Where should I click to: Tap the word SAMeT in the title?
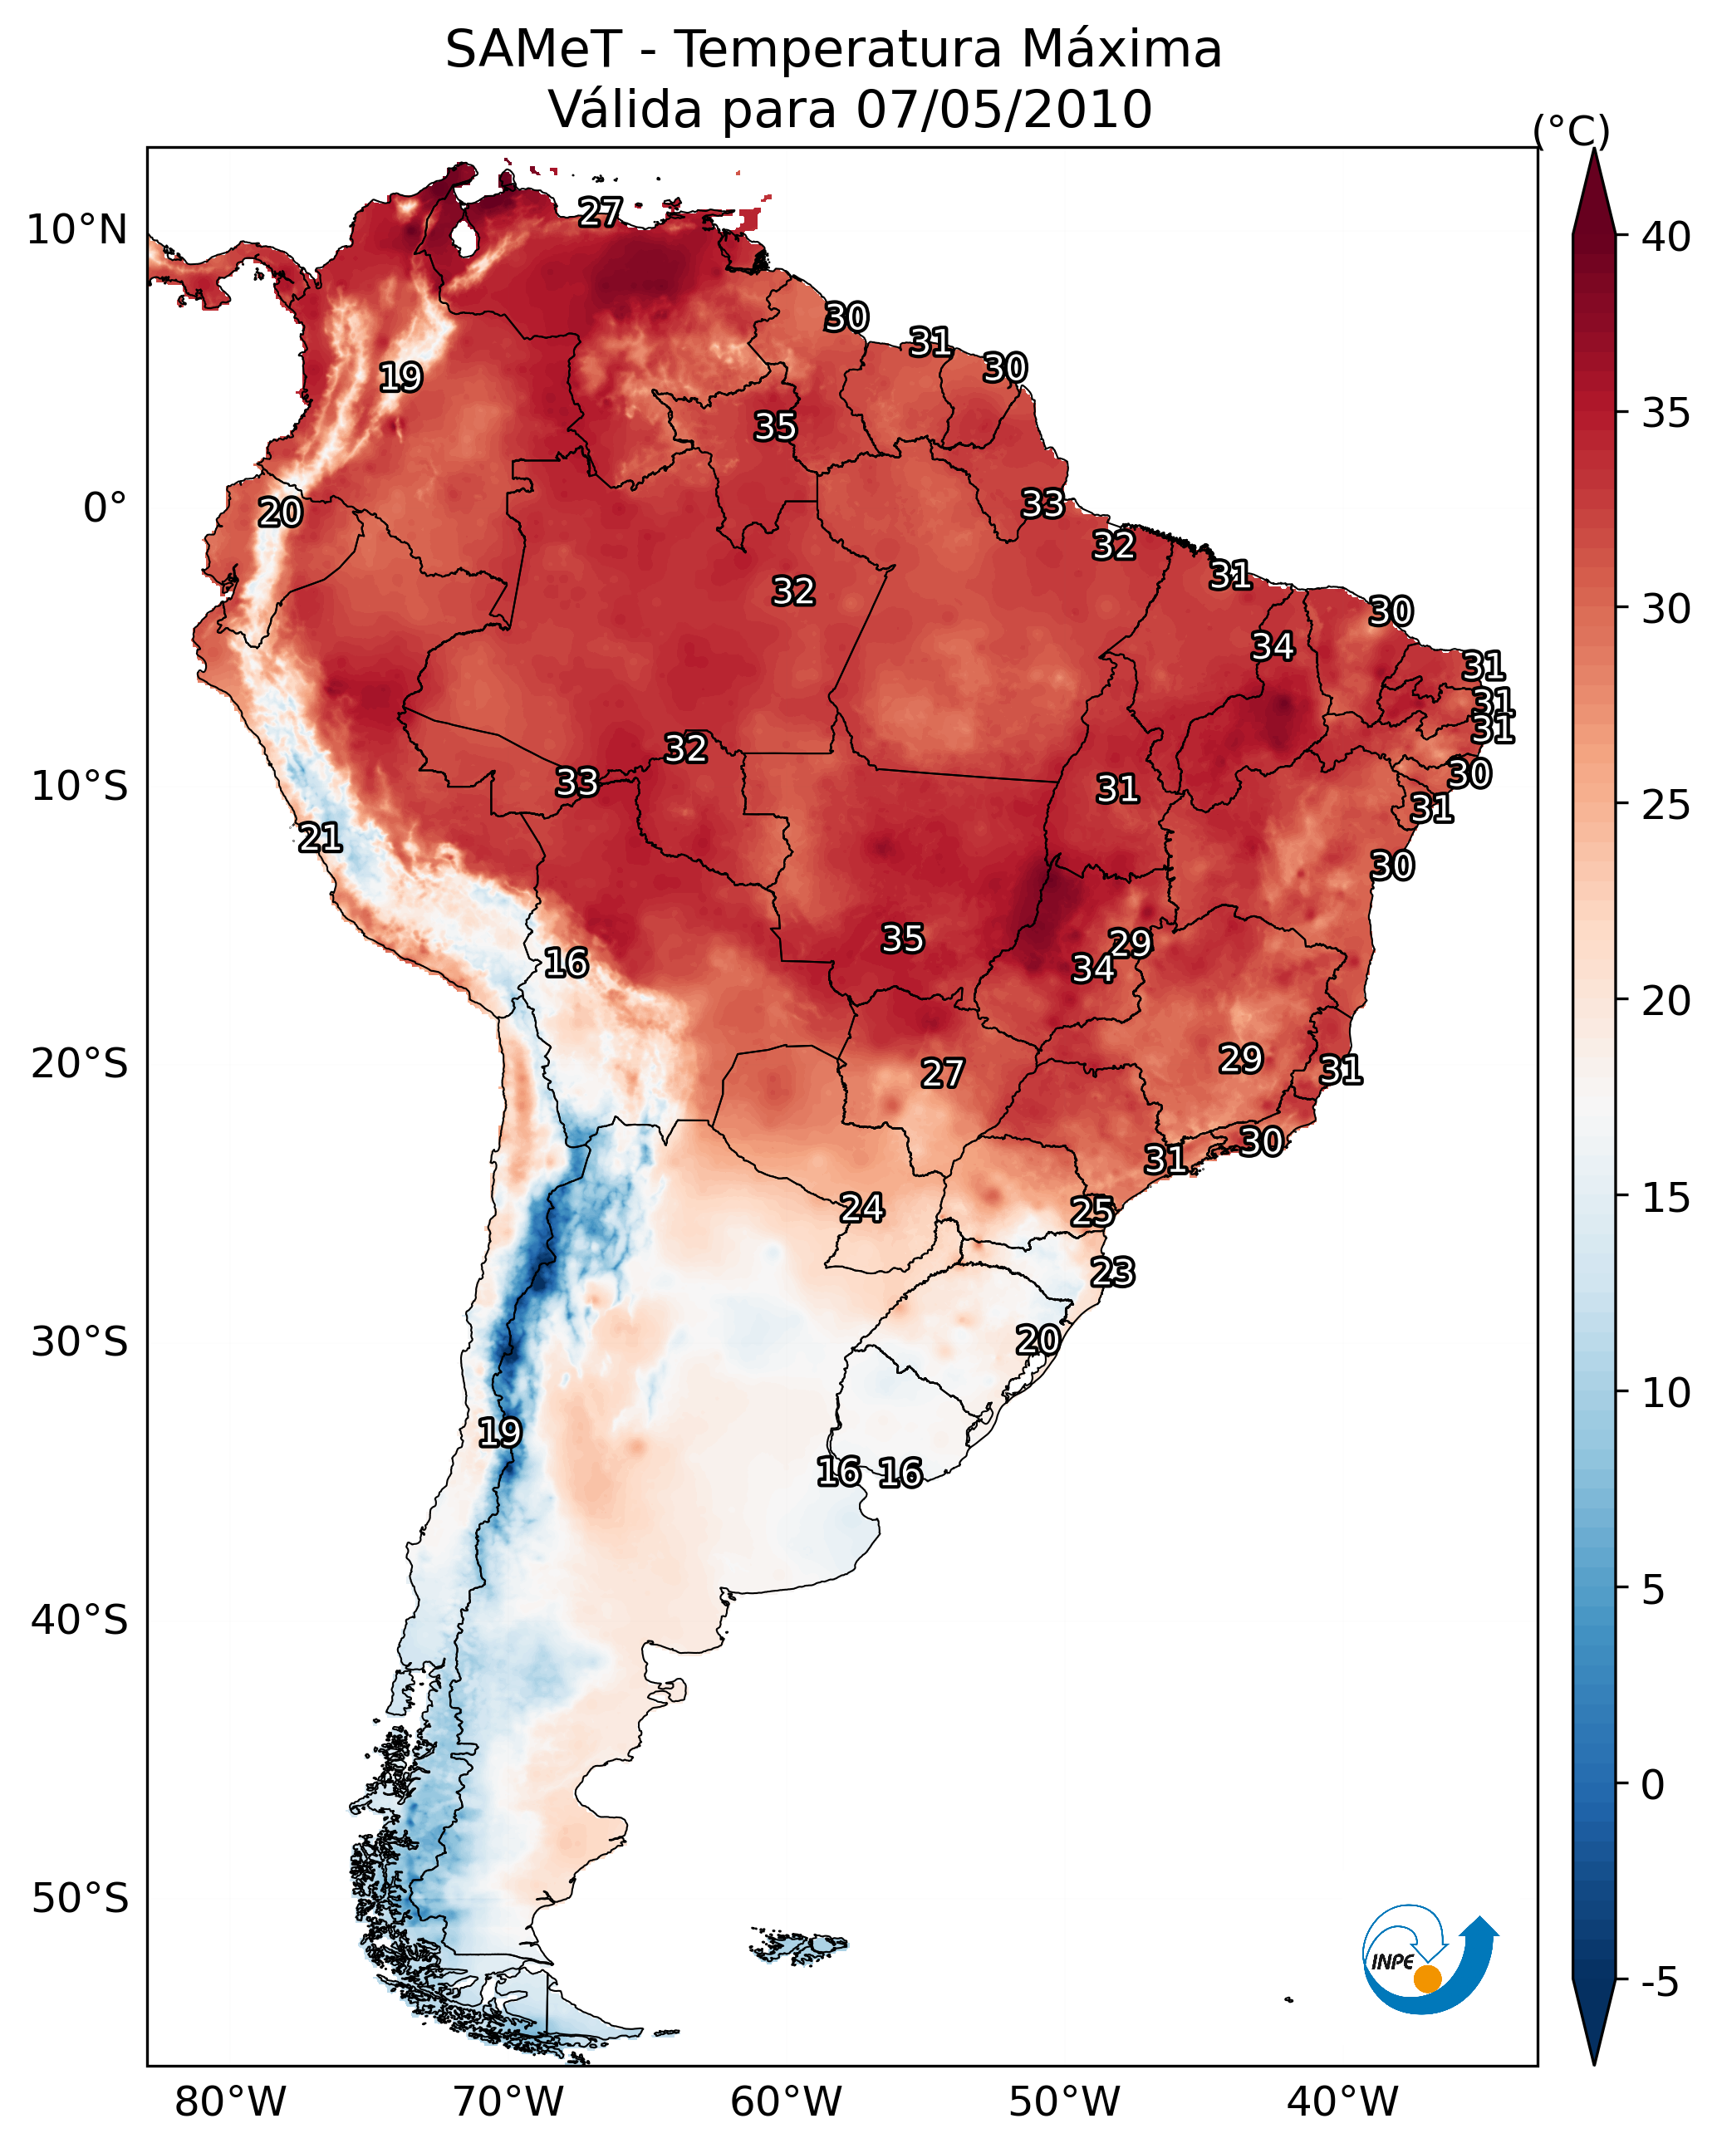tap(533, 50)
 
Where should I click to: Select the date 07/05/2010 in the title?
tap(1003, 110)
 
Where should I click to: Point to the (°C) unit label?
tap(1571, 130)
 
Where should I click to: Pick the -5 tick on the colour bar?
tap(1661, 1982)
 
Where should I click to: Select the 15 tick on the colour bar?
tap(1666, 1198)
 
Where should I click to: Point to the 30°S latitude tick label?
tap(80, 1342)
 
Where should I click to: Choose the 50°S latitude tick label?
tap(80, 1898)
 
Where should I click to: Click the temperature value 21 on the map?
tap(321, 838)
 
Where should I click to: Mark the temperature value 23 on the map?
tap(1112, 1273)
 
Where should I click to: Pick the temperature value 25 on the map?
tap(1092, 1212)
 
